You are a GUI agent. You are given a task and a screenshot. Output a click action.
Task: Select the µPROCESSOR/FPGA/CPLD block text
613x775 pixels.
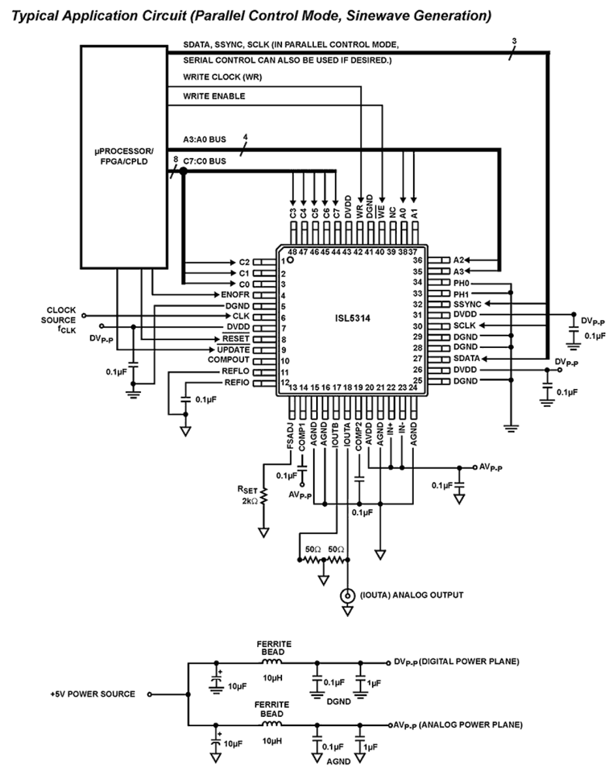tap(123, 156)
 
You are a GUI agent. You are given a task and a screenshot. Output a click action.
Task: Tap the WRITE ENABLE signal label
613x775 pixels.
tap(214, 96)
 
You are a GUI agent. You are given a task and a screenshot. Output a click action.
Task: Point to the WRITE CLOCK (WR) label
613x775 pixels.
tap(222, 77)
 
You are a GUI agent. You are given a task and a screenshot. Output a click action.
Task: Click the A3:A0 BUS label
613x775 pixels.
tap(204, 139)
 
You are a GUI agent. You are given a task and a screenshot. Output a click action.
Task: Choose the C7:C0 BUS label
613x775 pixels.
tap(204, 161)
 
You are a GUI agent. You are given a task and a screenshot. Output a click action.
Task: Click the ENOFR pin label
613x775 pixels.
tap(235, 295)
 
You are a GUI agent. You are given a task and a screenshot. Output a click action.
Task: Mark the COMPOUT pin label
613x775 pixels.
tap(228, 360)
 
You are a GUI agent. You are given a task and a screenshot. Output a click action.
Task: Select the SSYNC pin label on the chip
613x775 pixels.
tap(467, 304)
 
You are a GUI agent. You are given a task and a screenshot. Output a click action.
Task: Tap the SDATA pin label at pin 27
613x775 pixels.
tap(466, 358)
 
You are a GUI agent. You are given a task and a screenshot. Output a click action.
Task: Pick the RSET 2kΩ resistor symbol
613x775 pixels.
tap(264, 496)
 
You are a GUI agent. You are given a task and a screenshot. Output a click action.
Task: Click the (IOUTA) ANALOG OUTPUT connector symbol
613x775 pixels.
tap(347, 595)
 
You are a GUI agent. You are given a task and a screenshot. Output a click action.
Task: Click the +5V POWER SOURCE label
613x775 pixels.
tap(93, 693)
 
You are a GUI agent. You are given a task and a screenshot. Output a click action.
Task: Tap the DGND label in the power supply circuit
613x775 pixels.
tap(339, 701)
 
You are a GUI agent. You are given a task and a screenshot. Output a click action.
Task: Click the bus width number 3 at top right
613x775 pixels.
tap(514, 41)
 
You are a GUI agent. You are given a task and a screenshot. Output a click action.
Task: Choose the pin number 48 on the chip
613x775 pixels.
tap(292, 252)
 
